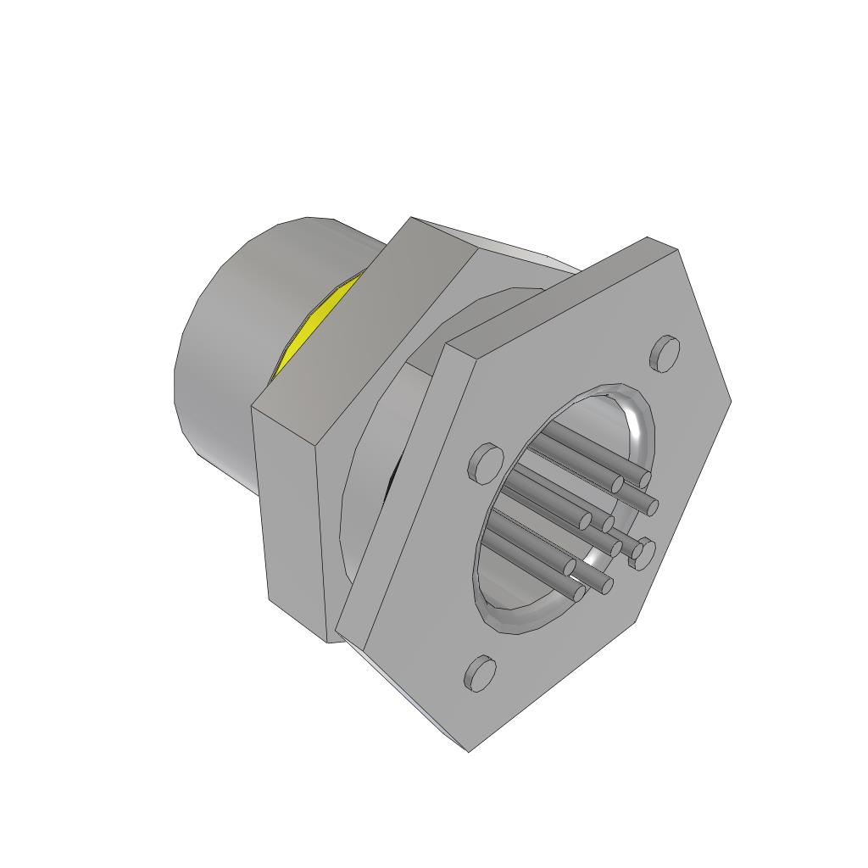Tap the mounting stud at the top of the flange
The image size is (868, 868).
coord(665,352)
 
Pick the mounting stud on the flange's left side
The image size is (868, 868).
coord(484,461)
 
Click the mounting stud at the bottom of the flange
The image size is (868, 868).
coord(480,673)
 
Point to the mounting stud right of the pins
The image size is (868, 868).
coord(642,553)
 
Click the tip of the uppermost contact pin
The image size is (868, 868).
coord(645,480)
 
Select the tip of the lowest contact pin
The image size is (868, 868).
coord(579,593)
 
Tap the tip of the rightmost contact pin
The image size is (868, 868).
coord(652,507)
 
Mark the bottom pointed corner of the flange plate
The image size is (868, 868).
coord(469,750)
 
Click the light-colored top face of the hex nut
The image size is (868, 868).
coord(509,246)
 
